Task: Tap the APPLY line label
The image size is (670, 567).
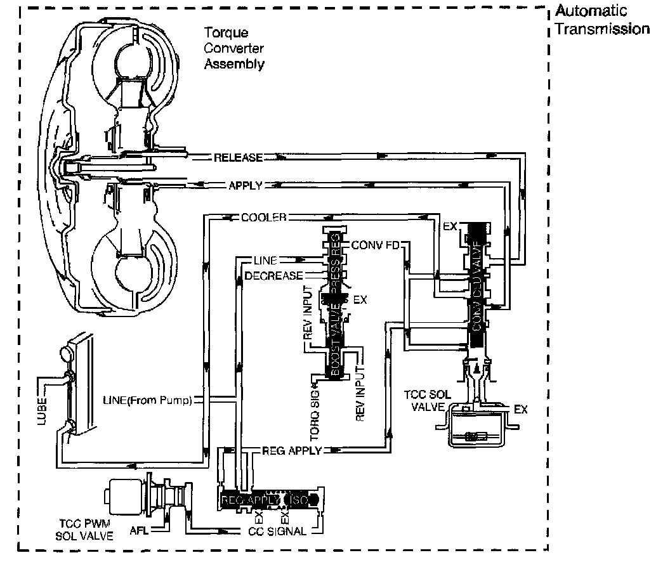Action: tap(245, 185)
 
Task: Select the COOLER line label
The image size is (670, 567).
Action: tap(263, 217)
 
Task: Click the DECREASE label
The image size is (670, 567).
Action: tap(273, 275)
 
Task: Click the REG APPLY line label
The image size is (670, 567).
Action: tap(291, 450)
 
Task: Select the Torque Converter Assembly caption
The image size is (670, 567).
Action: tap(233, 48)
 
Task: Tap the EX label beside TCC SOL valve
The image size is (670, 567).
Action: tap(520, 410)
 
